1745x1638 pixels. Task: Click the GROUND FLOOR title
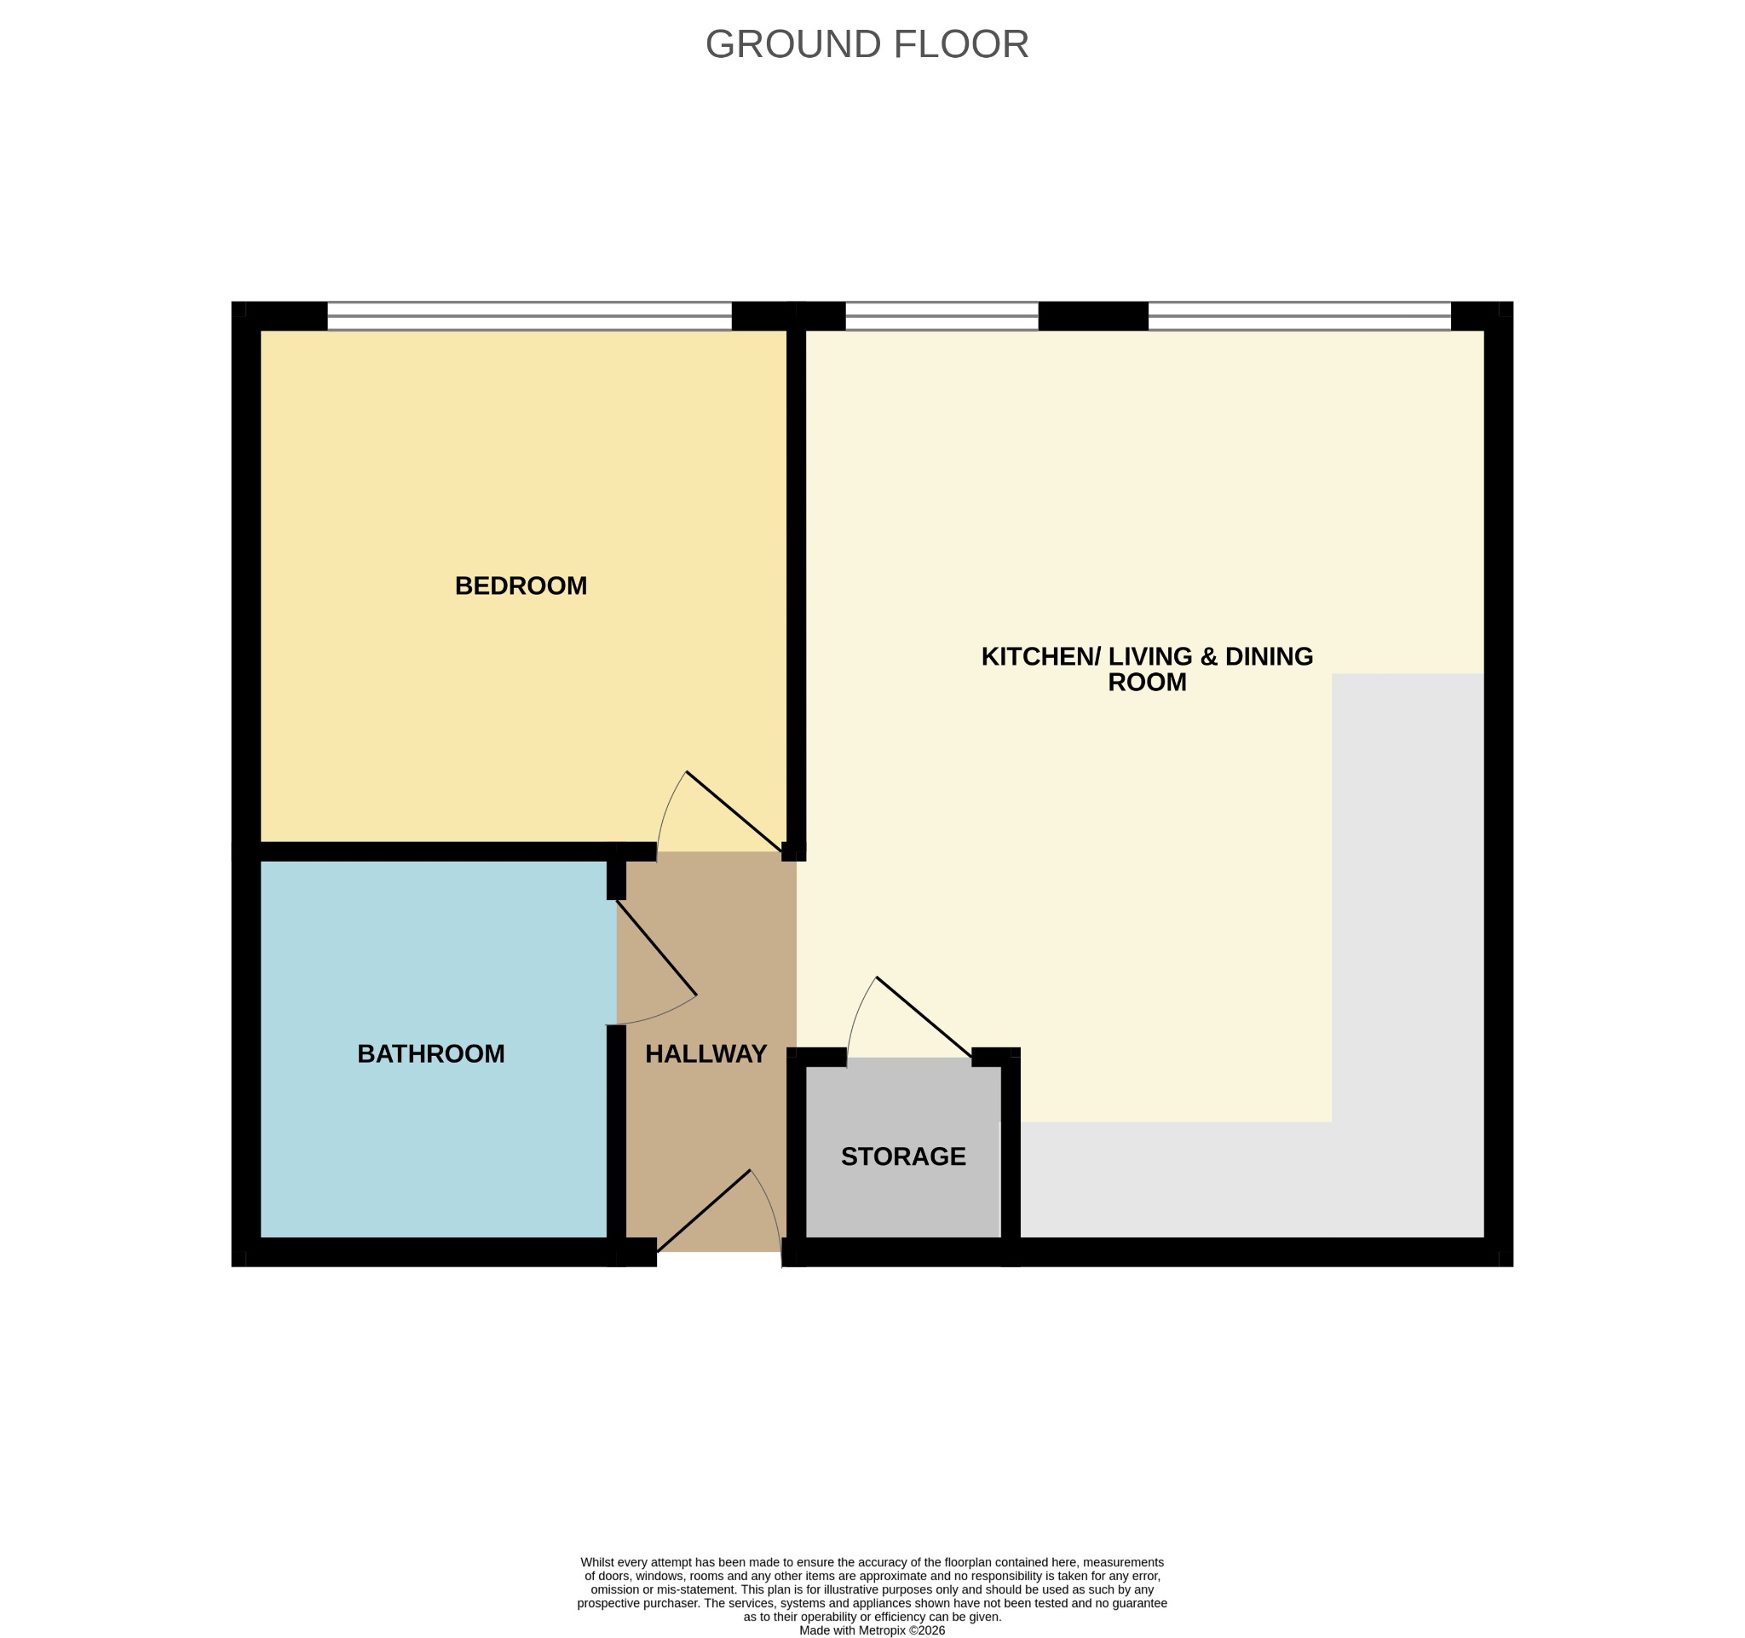click(867, 44)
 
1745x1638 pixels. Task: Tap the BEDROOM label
click(521, 585)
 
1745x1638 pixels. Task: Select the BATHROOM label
click(431, 1053)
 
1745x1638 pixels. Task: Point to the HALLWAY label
click(705, 1053)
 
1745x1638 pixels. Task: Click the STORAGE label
click(903, 1156)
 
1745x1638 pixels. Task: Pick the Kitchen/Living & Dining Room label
click(1146, 669)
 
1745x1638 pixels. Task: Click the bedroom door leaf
click(734, 812)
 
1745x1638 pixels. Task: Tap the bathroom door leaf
click(657, 947)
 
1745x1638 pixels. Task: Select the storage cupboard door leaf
click(924, 1018)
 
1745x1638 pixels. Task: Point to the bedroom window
click(529, 316)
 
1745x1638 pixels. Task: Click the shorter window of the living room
click(942, 316)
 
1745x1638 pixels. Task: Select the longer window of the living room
click(1300, 316)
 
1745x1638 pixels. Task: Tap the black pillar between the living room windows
click(1093, 316)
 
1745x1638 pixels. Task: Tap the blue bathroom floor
click(434, 1049)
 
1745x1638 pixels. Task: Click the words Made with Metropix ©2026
click(872, 1630)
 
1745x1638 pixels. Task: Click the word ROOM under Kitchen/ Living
click(1146, 682)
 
